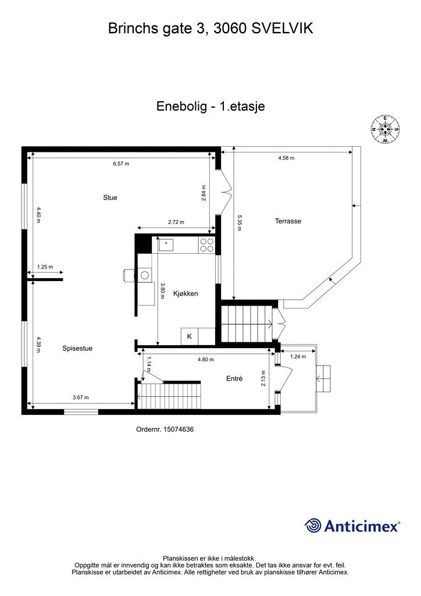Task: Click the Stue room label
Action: pos(110,198)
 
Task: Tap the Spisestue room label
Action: pos(77,349)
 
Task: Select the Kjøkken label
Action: pos(185,294)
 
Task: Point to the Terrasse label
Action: pos(288,221)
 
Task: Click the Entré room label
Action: pos(234,379)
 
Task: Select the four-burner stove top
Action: pos(206,244)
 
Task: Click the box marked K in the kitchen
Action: pos(189,336)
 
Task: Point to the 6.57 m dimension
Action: pos(121,164)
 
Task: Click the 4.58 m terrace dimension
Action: pos(286,158)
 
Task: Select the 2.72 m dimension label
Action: pos(176,222)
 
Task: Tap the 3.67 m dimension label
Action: pos(81,398)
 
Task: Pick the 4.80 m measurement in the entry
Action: pos(205,360)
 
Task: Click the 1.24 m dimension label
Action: pos(298,357)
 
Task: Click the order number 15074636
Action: pos(165,430)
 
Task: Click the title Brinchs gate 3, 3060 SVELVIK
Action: pos(211,28)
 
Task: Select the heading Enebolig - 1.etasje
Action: pos(211,107)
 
